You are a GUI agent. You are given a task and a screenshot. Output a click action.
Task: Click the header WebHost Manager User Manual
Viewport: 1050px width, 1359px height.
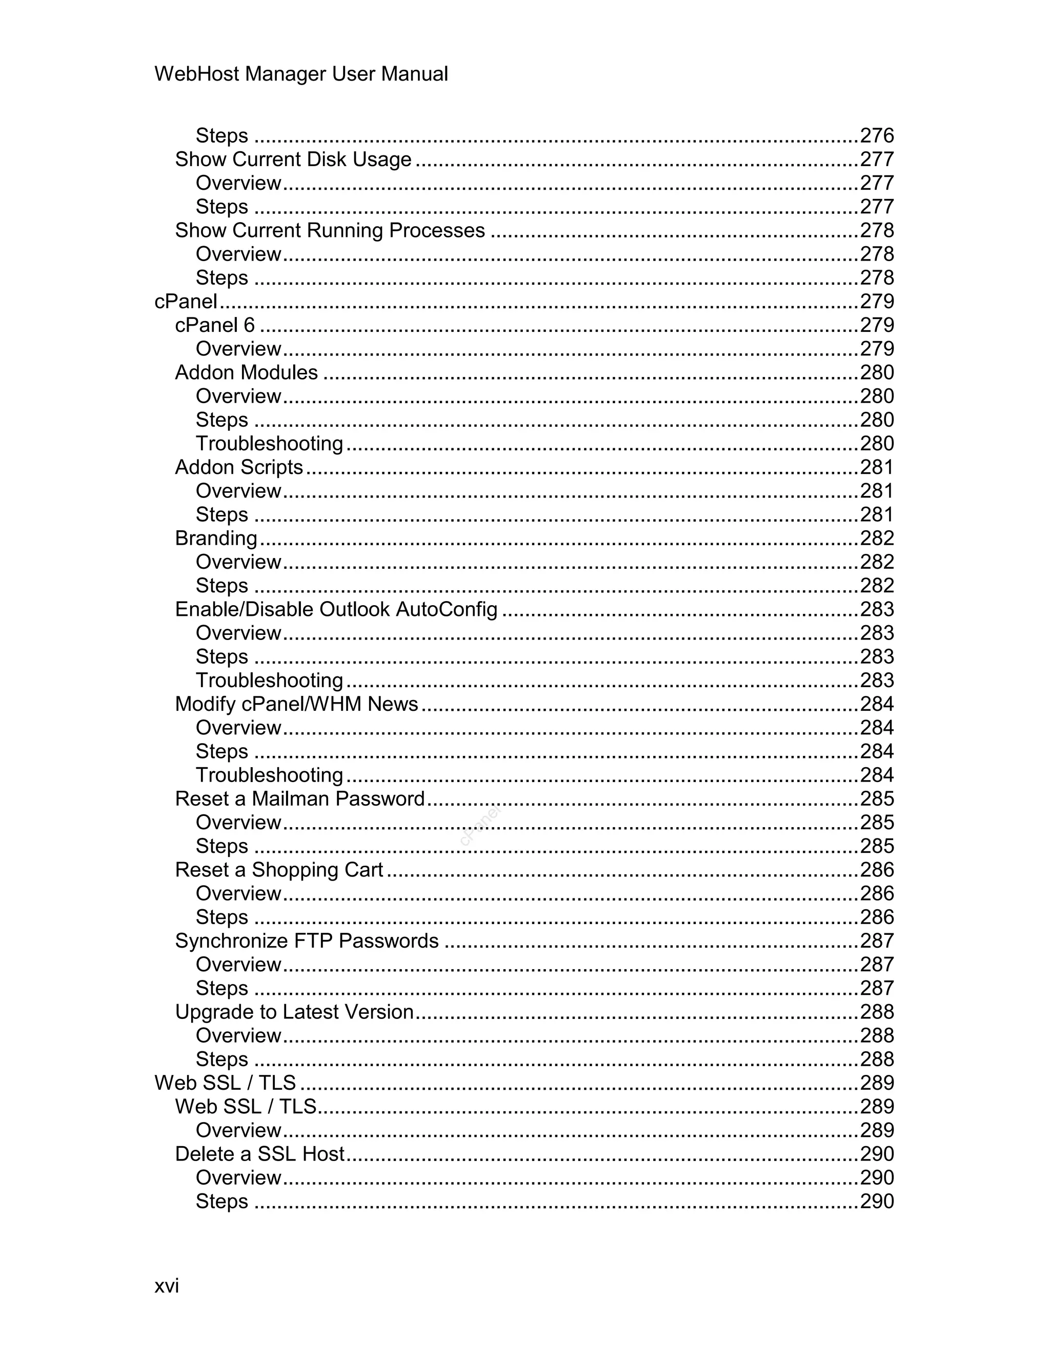tap(301, 74)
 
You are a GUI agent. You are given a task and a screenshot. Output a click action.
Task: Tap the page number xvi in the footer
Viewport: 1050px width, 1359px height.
tap(167, 1286)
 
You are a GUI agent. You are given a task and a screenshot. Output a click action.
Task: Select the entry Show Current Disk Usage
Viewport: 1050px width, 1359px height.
tap(293, 159)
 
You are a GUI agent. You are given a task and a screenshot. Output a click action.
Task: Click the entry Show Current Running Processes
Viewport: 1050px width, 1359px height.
tap(330, 230)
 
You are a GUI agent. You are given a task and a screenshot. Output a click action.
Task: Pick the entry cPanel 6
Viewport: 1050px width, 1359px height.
tap(215, 325)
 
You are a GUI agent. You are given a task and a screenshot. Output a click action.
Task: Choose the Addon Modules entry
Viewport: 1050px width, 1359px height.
tap(246, 372)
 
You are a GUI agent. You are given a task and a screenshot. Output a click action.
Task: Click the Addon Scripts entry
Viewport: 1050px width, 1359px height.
tap(239, 467)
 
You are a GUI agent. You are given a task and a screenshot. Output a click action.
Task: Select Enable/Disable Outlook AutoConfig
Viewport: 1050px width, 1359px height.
tap(336, 609)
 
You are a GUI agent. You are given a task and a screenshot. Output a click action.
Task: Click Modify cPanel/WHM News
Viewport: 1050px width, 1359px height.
tap(296, 704)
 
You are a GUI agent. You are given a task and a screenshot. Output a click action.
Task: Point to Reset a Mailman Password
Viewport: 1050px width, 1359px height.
tap(300, 798)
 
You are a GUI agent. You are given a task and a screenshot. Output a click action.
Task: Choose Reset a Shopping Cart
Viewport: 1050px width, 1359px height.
tap(279, 870)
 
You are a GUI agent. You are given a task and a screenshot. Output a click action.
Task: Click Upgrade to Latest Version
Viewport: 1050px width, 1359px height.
tap(294, 1012)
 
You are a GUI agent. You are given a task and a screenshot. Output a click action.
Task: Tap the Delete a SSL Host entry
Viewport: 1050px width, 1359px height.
tap(259, 1154)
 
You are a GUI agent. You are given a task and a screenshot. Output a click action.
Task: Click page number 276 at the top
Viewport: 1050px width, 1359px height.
tap(876, 136)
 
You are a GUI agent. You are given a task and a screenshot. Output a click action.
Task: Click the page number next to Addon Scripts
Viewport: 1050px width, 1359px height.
tap(876, 467)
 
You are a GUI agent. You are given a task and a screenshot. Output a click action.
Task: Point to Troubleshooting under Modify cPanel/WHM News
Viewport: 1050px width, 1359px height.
tap(269, 775)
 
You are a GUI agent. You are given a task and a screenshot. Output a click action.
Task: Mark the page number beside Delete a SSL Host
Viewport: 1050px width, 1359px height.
tap(876, 1154)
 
